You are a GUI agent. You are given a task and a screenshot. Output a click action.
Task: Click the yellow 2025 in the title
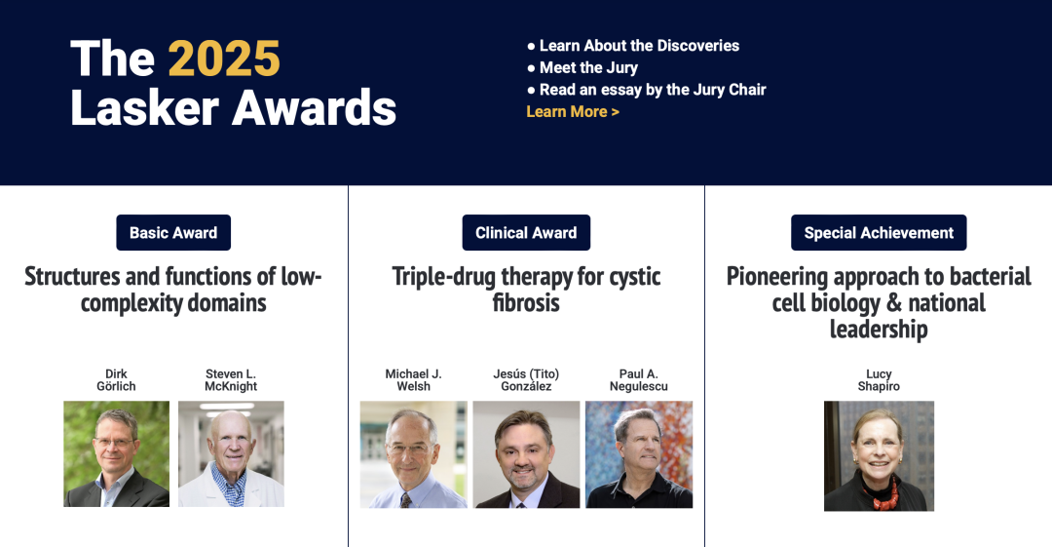[224, 59]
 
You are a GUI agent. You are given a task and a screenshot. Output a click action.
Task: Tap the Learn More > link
[573, 111]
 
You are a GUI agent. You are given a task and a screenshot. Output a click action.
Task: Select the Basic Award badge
[173, 232]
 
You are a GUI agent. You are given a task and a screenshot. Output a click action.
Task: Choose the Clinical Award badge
[526, 232]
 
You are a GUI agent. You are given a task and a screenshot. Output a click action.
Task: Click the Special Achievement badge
[879, 232]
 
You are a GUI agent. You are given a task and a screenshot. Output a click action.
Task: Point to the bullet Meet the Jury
[582, 68]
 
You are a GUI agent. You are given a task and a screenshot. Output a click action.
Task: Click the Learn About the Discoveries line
[633, 46]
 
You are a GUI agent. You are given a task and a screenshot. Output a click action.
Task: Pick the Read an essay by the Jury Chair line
[647, 90]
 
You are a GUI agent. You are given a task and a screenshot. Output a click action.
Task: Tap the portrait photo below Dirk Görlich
[116, 453]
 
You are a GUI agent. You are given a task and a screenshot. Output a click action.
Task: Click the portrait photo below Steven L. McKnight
[231, 453]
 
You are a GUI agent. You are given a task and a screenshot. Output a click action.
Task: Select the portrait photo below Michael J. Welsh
[413, 454]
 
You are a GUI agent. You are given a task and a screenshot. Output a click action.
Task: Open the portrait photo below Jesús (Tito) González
[526, 454]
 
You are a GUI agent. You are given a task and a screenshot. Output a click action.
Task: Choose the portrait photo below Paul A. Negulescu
[639, 454]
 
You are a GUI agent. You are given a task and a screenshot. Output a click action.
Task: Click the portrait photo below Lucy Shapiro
[879, 456]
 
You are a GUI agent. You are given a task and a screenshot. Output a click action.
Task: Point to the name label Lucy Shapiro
[879, 379]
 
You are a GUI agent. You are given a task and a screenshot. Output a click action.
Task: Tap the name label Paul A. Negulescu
[639, 379]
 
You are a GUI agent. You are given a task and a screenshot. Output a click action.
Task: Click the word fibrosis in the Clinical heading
[526, 303]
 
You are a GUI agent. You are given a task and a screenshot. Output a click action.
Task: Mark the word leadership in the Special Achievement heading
[879, 330]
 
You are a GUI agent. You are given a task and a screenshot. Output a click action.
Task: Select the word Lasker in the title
[145, 107]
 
